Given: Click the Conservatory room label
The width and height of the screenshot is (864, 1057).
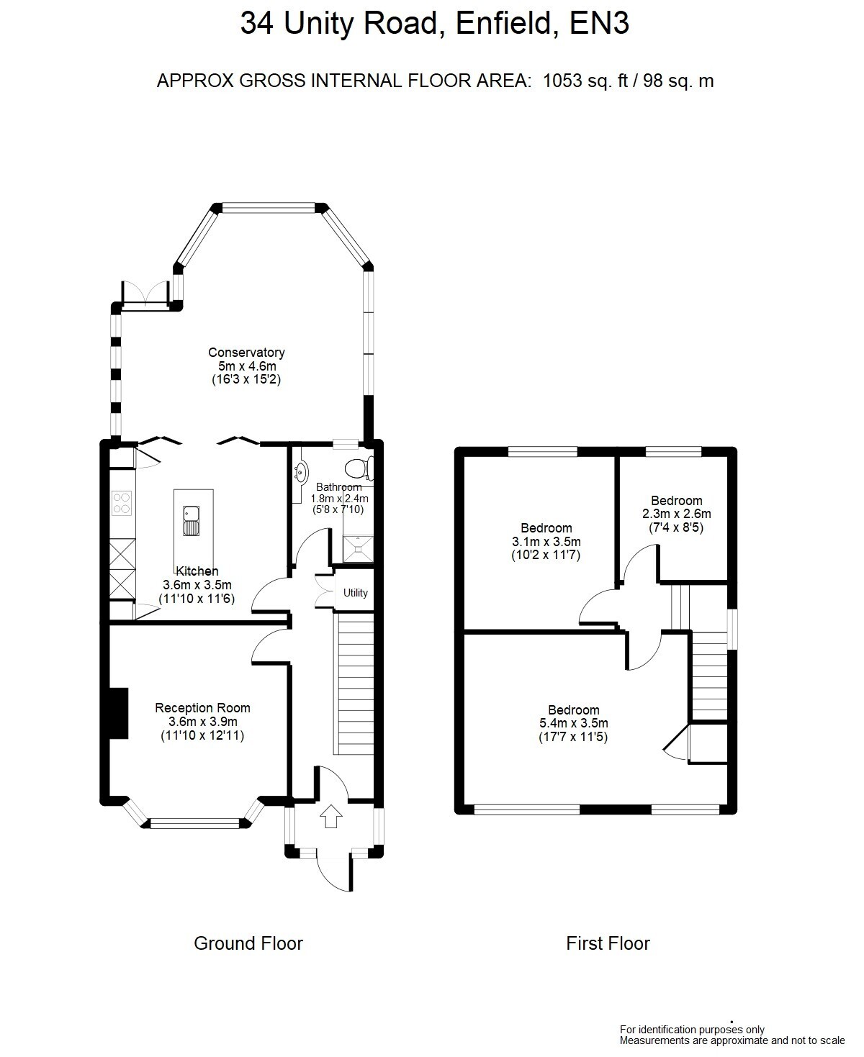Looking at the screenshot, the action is click(x=246, y=353).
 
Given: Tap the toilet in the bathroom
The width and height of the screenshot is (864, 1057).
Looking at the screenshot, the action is click(x=359, y=468).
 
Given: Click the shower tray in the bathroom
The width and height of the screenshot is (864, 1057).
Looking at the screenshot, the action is click(x=358, y=549).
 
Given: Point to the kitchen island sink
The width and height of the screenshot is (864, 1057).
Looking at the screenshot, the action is click(x=191, y=521).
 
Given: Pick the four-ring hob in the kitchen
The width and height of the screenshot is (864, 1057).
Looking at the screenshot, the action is click(x=122, y=503).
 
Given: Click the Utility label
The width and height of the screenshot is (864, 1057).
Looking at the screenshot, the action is click(x=355, y=592).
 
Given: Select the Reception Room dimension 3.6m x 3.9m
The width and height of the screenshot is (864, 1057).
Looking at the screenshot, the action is click(x=202, y=722).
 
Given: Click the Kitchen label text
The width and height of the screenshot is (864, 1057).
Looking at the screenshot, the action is click(x=197, y=571).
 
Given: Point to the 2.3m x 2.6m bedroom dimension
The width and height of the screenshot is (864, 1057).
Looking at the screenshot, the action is click(x=677, y=514).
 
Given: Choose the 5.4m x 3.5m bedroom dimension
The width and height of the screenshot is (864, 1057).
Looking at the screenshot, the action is click(x=573, y=723).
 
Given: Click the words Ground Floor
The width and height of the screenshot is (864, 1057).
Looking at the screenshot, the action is click(x=248, y=943).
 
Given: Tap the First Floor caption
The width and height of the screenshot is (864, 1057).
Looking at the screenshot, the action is click(x=608, y=943).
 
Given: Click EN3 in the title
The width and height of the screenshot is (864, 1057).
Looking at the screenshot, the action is click(x=599, y=23).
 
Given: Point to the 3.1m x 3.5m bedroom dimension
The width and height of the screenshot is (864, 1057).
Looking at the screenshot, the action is click(x=546, y=541).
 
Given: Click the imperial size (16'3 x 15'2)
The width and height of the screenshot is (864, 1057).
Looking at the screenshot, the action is click(x=246, y=379).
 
